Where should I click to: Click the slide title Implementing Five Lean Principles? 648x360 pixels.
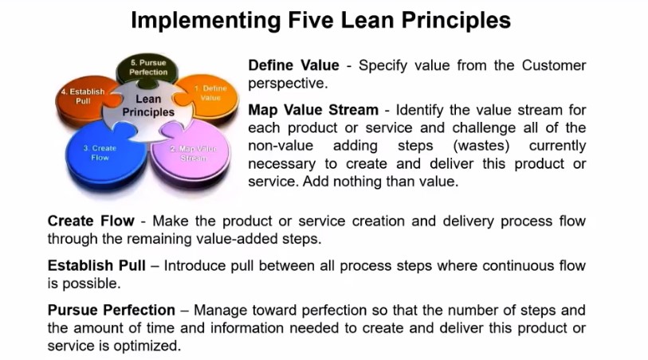click(x=320, y=19)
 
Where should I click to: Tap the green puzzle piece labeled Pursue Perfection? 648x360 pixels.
click(x=148, y=68)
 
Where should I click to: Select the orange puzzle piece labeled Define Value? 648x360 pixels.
click(x=211, y=94)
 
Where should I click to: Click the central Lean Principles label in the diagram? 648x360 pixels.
click(x=148, y=106)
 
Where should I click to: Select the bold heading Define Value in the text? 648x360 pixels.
click(x=293, y=65)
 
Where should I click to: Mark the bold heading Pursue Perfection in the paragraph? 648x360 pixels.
click(x=112, y=311)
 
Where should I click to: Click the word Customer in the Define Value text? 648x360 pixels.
click(x=554, y=65)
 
